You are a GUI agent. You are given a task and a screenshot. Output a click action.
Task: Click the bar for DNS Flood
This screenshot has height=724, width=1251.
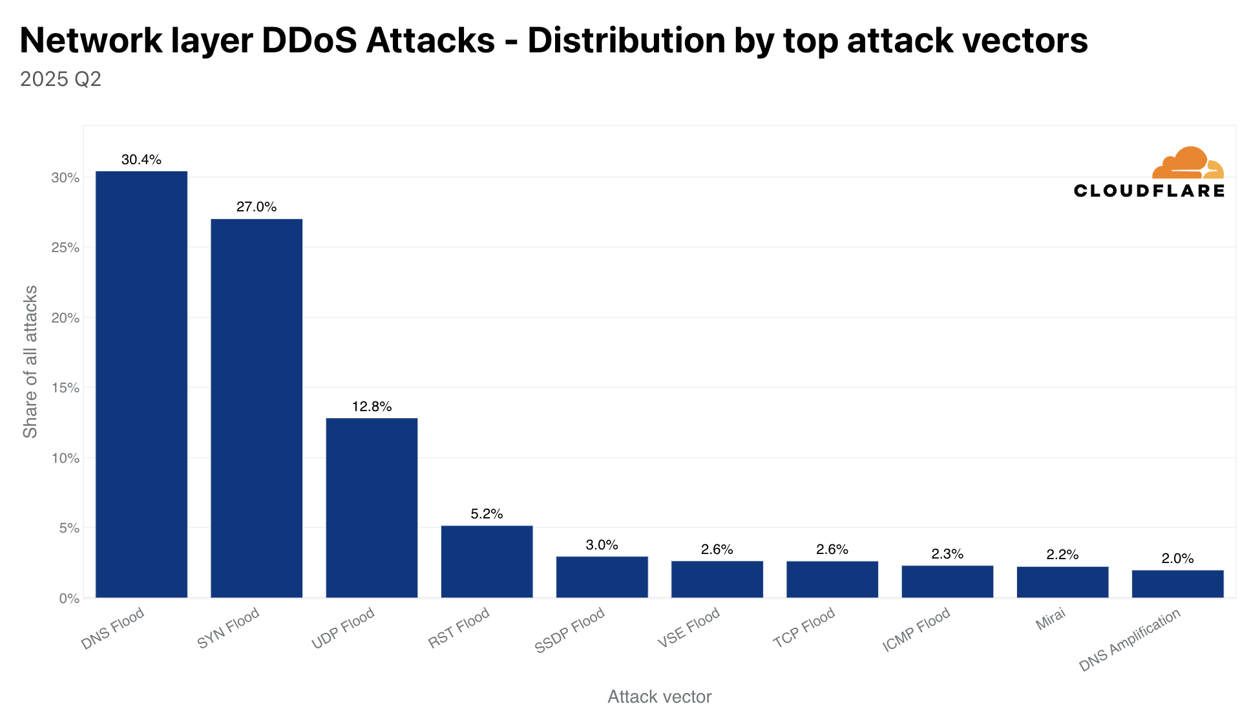(142, 384)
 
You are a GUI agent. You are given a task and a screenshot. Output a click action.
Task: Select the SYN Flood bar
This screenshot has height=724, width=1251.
(257, 408)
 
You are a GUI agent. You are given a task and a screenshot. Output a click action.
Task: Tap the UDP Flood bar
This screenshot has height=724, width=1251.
(372, 507)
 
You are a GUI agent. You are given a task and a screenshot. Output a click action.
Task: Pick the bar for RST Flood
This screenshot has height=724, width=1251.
(487, 561)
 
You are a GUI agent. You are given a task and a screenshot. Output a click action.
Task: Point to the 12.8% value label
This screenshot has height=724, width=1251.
(372, 407)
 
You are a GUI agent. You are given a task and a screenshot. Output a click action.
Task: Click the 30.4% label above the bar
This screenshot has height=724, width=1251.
(142, 160)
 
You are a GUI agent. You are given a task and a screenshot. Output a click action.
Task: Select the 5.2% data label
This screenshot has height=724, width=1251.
(487, 514)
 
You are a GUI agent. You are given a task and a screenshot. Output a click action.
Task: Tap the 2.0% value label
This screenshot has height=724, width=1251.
(1177, 559)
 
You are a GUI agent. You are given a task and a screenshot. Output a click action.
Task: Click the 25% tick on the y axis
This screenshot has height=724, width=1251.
(65, 248)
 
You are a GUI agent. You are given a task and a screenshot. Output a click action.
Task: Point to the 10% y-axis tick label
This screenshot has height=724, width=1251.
(65, 458)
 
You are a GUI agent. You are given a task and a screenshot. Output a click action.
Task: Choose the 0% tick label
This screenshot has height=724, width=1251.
(69, 599)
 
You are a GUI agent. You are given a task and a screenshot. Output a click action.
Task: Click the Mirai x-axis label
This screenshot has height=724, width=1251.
(1050, 620)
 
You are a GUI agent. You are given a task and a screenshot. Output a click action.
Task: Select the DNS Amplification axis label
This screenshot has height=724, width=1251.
(1130, 640)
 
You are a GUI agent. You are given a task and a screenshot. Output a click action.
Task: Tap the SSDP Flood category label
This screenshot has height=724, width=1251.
(570, 630)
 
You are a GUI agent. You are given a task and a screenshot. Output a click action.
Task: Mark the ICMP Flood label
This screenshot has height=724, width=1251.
(916, 629)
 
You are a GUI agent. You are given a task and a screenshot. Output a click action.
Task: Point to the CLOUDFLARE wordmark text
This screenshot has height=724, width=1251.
(1149, 191)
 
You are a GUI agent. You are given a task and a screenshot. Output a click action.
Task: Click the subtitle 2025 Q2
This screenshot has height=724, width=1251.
(61, 80)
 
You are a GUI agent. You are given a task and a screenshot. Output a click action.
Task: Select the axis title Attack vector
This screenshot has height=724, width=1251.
(659, 697)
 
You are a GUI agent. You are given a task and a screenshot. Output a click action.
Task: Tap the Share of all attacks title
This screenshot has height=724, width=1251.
(30, 361)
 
